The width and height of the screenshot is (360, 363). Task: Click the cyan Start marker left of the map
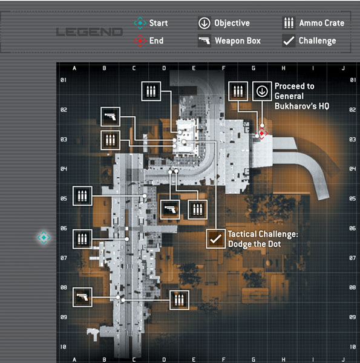coord(44,237)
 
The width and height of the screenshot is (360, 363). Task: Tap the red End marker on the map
coord(261,133)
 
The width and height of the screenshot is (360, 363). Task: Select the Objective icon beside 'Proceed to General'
coord(262,91)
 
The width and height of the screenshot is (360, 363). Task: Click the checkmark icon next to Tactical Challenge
coord(216,239)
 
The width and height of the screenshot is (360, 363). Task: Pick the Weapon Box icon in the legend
coord(204,41)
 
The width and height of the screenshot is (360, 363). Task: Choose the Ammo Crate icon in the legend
coord(289,23)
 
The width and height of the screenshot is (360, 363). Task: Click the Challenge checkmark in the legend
coord(289,41)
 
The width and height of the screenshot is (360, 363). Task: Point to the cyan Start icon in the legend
coord(140,23)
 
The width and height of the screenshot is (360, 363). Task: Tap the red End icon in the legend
coord(140,41)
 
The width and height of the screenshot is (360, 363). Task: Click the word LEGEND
coord(90,32)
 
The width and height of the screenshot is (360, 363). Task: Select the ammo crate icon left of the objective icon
coord(238,91)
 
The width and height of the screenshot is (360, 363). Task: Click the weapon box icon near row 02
coord(111,117)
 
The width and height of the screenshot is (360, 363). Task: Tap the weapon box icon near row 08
coord(82,297)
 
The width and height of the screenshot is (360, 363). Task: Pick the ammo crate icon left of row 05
coord(82,196)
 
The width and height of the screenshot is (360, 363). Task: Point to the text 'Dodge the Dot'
coord(255,244)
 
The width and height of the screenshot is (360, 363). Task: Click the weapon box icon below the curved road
coord(170,209)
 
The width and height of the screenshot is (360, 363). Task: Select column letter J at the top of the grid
coord(343,68)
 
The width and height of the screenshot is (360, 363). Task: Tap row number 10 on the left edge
coord(63,347)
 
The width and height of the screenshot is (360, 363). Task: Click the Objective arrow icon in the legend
coord(204,23)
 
